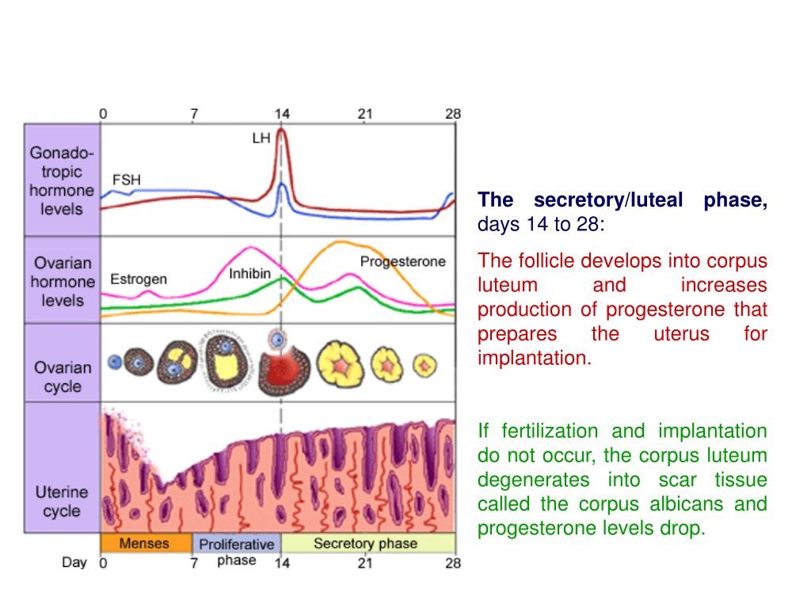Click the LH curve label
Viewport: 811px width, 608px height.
click(261, 138)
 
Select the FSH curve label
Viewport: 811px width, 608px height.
click(127, 179)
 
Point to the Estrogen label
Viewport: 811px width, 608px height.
click(138, 279)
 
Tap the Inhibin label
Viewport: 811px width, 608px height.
click(249, 275)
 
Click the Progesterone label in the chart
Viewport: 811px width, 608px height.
click(402, 262)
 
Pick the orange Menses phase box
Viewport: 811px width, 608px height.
click(146, 544)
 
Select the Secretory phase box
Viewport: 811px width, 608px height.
click(365, 544)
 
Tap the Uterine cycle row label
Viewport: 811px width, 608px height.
click(62, 501)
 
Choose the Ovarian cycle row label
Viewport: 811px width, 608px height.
click(62, 377)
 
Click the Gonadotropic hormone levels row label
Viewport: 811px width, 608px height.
click(62, 180)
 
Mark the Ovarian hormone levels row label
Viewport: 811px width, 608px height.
click(62, 281)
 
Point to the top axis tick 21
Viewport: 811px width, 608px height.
click(364, 113)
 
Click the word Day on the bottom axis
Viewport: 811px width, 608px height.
click(74, 563)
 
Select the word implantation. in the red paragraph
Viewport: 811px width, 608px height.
click(535, 358)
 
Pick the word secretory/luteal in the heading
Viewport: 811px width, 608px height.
click(607, 200)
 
